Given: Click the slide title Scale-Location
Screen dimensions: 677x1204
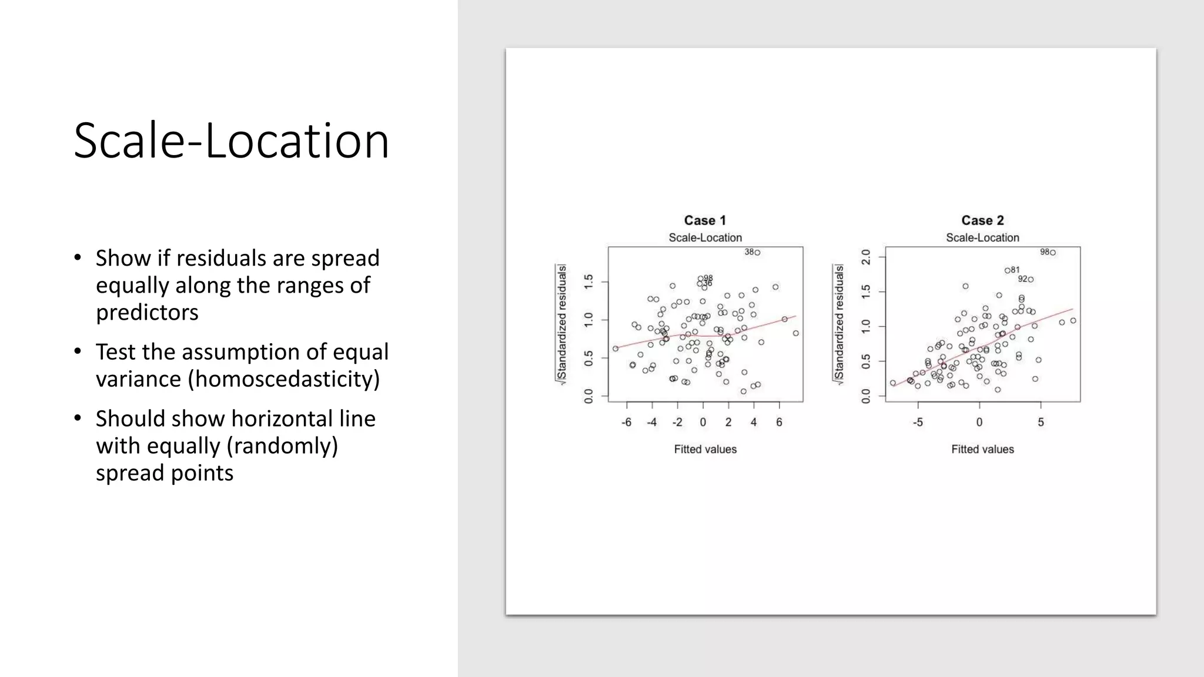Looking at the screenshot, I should [231, 141].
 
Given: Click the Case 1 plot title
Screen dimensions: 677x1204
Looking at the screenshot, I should [705, 220].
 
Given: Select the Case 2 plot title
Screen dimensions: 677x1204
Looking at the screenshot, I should [982, 220].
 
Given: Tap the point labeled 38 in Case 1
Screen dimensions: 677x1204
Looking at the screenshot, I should [757, 253].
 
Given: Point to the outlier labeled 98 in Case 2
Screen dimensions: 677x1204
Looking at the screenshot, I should [1053, 253].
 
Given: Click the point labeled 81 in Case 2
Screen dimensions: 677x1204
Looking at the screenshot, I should [1007, 271].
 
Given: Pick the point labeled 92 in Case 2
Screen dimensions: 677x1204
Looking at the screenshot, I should [1031, 280].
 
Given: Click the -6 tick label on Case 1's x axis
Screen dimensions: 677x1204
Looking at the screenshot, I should [627, 423].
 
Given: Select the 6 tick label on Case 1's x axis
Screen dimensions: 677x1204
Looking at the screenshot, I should [779, 423].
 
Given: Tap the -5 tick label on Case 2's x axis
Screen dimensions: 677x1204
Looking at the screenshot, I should [918, 423].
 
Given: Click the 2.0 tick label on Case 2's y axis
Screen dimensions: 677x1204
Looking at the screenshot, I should [866, 257].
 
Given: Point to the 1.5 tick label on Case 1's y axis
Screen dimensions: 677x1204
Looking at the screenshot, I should [588, 281].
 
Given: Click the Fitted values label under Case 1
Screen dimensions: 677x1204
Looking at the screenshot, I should [705, 450].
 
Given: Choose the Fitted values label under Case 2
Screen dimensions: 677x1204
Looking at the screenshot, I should [982, 450].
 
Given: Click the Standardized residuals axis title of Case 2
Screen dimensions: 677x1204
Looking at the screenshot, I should [840, 323].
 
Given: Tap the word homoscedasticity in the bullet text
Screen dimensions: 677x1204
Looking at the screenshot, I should [285, 379].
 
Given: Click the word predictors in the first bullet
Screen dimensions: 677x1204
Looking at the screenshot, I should [147, 313].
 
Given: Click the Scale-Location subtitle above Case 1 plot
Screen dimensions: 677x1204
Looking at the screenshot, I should [705, 238].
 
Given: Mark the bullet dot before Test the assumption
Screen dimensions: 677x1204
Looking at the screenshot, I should [78, 351].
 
